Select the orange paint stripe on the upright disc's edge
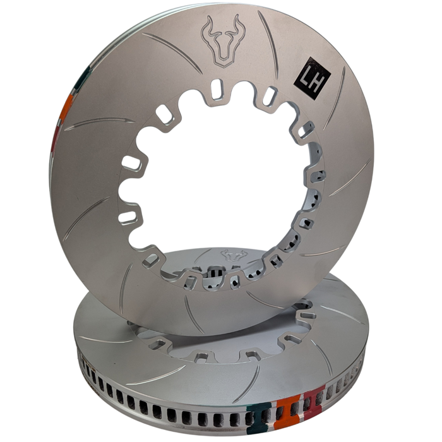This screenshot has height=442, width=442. (x=64, y=117)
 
